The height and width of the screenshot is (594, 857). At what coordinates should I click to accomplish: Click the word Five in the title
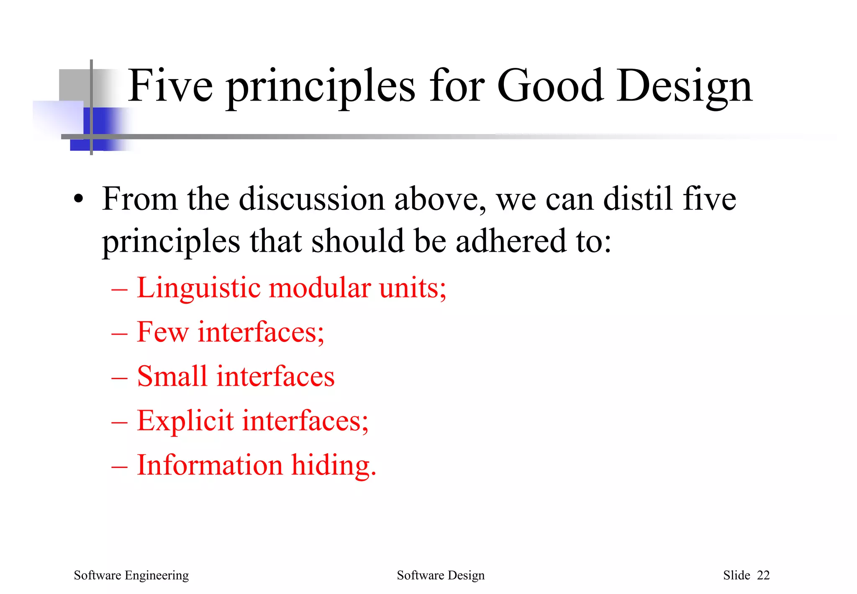(x=170, y=86)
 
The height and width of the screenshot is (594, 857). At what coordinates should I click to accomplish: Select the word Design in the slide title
(x=684, y=87)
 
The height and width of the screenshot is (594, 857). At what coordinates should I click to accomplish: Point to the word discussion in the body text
(x=311, y=199)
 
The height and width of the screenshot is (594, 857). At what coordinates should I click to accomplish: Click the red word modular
(x=320, y=288)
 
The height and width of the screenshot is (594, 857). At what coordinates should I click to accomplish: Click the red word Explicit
(x=185, y=421)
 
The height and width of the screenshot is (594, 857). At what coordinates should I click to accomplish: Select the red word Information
(x=210, y=465)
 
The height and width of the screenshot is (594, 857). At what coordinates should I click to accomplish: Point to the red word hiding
(x=334, y=465)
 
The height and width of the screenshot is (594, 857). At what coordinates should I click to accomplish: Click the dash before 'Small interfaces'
(x=119, y=377)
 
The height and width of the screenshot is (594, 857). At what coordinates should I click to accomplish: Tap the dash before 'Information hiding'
(x=119, y=466)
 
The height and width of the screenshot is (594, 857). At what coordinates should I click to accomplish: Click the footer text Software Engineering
(x=131, y=576)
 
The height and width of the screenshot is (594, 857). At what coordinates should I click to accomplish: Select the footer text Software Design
(x=440, y=576)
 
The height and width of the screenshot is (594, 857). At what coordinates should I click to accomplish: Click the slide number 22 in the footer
(x=763, y=576)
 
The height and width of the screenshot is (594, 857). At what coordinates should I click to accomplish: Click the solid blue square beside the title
(x=95, y=128)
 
